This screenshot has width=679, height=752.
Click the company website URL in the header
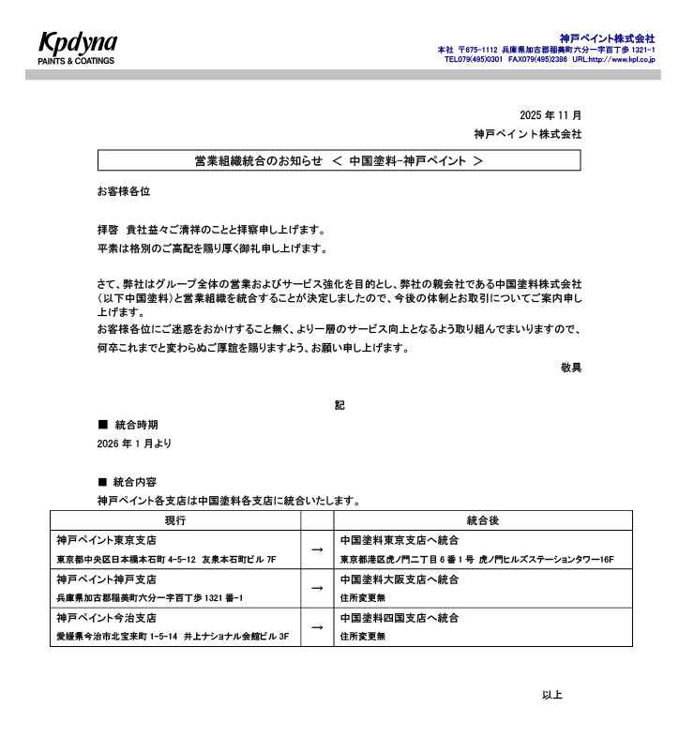pyautogui.click(x=613, y=59)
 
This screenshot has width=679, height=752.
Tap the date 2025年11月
pyautogui.click(x=551, y=114)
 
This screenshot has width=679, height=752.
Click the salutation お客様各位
pyautogui.click(x=123, y=191)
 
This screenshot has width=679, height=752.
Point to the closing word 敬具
pyautogui.click(x=570, y=368)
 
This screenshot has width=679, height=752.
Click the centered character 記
pyautogui.click(x=339, y=405)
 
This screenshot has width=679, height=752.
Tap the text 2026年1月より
pyautogui.click(x=134, y=443)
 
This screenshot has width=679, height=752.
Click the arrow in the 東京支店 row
pyautogui.click(x=317, y=549)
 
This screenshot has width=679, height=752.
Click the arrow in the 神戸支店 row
pyautogui.click(x=317, y=588)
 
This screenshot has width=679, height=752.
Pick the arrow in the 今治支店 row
pyautogui.click(x=317, y=627)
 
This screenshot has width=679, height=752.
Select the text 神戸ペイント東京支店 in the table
pyautogui.click(x=106, y=541)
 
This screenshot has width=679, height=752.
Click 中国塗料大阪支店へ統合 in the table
pyautogui.click(x=399, y=579)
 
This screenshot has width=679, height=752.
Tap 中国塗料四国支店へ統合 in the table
pyautogui.click(x=399, y=619)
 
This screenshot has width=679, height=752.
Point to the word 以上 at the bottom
pyautogui.click(x=551, y=695)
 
